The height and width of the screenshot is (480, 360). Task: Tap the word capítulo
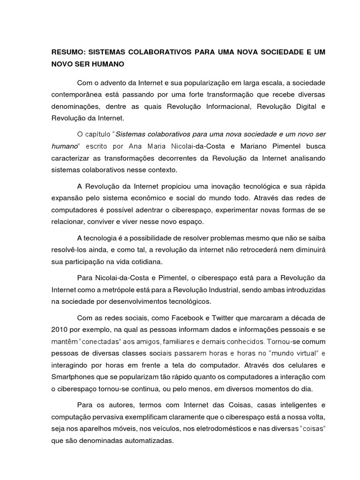pyautogui.click(x=98, y=134)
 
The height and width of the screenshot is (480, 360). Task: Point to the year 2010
pyautogui.click(x=60, y=329)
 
